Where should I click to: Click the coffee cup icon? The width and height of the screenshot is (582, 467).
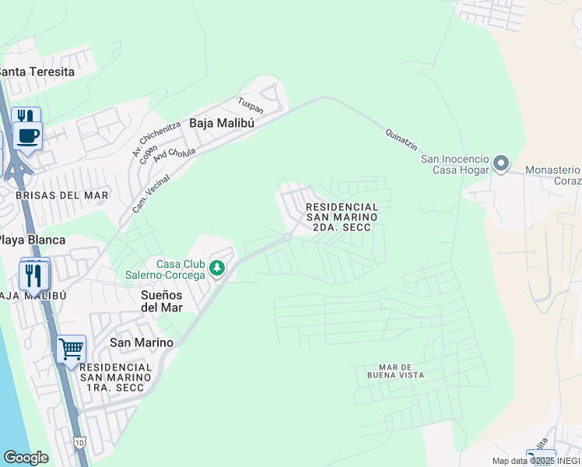click(x=28, y=135)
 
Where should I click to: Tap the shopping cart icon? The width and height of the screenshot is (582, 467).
click(x=71, y=348)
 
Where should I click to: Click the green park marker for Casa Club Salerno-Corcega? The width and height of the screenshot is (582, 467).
click(x=218, y=269)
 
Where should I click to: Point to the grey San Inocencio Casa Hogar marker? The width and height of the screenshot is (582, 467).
click(x=501, y=164)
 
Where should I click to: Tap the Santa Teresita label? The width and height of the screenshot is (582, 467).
click(x=36, y=72)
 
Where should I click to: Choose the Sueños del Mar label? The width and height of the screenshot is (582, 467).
click(x=162, y=301)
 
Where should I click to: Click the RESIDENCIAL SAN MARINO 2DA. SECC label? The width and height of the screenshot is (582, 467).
click(x=342, y=217)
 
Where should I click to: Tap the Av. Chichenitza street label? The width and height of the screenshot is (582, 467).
click(x=145, y=140)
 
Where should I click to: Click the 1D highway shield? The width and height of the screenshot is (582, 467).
click(x=80, y=443)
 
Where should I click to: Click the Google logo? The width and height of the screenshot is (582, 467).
click(x=26, y=458)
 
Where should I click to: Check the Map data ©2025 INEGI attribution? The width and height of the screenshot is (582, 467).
click(x=535, y=461)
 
